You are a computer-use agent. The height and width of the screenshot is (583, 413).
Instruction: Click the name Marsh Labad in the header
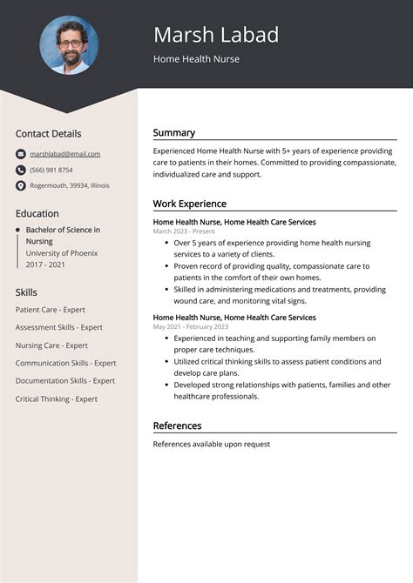(216, 35)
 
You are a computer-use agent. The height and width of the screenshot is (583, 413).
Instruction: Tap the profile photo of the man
(69, 44)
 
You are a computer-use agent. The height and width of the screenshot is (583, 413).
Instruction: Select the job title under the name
(196, 59)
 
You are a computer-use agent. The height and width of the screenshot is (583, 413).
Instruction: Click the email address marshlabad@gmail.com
(65, 154)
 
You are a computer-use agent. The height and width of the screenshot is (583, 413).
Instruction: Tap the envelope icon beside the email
(21, 154)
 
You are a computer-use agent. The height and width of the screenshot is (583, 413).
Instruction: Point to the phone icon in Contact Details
(21, 170)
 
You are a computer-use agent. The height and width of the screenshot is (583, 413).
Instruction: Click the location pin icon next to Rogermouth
(21, 185)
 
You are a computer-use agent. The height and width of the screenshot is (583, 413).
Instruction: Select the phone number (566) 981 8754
(51, 170)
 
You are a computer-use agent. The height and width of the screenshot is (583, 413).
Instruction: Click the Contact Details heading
(48, 134)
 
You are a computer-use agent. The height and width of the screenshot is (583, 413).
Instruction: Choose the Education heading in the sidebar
(37, 213)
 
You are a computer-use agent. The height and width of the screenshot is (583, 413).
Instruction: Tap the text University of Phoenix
(61, 252)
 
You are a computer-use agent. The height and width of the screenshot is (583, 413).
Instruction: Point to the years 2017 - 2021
(46, 264)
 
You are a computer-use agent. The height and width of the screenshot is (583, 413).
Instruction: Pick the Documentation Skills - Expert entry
(65, 380)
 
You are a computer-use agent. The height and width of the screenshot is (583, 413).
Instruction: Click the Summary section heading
(174, 133)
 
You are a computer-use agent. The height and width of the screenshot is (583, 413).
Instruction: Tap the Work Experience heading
(190, 204)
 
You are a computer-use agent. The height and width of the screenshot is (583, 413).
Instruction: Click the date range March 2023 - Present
(184, 231)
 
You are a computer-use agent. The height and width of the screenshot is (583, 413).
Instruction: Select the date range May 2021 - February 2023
(191, 326)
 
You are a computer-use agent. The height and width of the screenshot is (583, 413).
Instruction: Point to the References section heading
(177, 426)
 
